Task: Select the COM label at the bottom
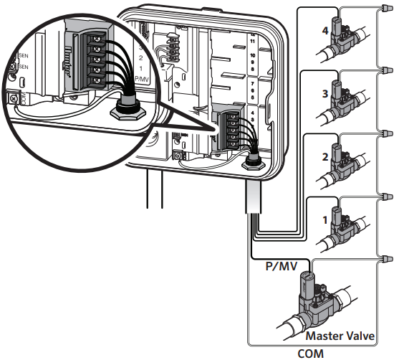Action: click(312, 353)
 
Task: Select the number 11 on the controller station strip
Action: click(251, 42)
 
